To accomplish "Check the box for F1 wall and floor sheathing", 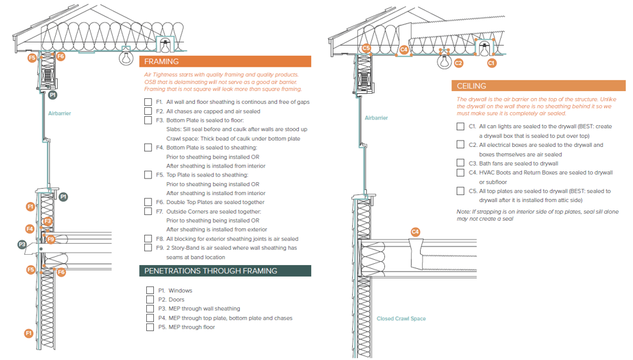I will pyautogui.click(x=149, y=102).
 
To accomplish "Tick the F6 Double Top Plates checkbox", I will pyautogui.click(x=149, y=202).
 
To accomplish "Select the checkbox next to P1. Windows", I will pyautogui.click(x=150, y=291).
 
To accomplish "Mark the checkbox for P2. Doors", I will pyautogui.click(x=150, y=300).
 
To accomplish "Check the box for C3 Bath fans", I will pyautogui.click(x=460, y=164).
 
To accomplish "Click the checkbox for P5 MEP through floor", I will pyautogui.click(x=150, y=327).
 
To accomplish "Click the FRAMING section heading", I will pyautogui.click(x=162, y=62).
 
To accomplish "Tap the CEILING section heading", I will pyautogui.click(x=471, y=86).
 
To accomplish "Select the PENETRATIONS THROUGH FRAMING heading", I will pyautogui.click(x=211, y=271).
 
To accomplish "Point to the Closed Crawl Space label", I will pyautogui.click(x=401, y=319).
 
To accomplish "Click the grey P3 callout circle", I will pyautogui.click(x=22, y=244).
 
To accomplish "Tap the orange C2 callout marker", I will pyautogui.click(x=458, y=63).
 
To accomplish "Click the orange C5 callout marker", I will pyautogui.click(x=366, y=48).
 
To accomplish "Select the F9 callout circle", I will pyautogui.click(x=51, y=239).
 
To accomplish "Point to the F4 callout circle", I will pyautogui.click(x=30, y=229).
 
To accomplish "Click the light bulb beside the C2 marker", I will pyautogui.click(x=443, y=62).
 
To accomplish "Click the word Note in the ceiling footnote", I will pyautogui.click(x=463, y=212).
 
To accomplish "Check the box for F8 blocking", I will pyautogui.click(x=149, y=239).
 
